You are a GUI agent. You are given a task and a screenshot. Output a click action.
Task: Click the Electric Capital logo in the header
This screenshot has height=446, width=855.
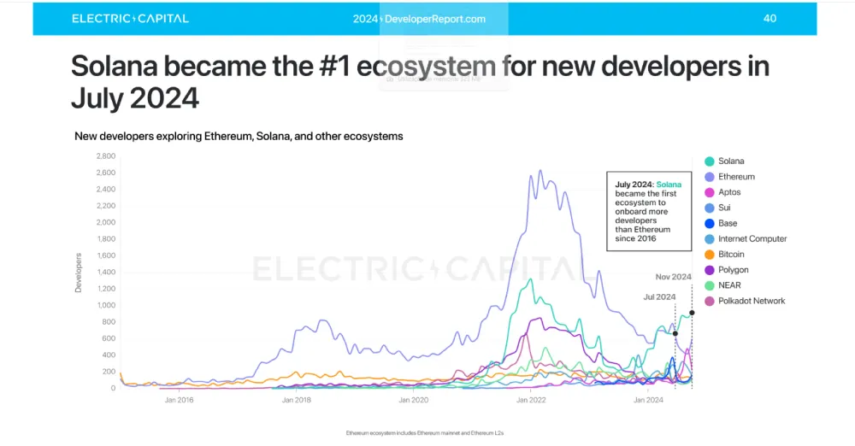130,19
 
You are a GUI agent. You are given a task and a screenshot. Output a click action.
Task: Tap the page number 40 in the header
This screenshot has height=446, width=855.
769,19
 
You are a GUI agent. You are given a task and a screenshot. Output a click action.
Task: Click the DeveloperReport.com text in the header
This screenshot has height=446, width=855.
435,19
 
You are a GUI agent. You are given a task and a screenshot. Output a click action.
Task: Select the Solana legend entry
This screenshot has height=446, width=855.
730,161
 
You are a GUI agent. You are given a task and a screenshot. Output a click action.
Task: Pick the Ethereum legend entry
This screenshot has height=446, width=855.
735,177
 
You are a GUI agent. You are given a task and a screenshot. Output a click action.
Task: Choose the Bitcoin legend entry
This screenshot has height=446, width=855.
730,255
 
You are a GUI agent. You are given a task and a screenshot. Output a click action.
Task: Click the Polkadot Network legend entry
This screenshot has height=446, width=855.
751,301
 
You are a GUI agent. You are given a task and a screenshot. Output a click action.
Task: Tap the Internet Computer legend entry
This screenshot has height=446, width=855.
752,239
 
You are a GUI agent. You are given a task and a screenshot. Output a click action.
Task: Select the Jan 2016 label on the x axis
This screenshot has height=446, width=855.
179,400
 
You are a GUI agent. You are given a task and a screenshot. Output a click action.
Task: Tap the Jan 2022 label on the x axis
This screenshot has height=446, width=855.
531,400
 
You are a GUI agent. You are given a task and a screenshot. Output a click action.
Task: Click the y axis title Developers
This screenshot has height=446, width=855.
79,273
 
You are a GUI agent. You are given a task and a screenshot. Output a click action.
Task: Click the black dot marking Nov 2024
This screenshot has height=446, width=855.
692,313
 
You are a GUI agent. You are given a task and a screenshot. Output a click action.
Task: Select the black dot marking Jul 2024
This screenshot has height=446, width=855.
675,334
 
